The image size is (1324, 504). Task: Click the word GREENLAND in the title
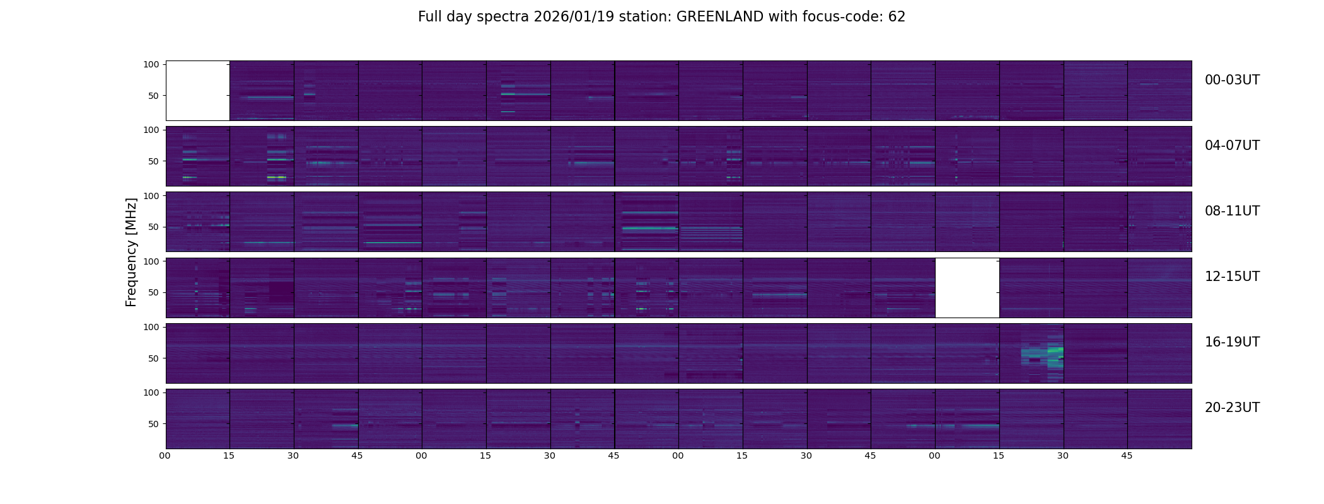click(x=720, y=17)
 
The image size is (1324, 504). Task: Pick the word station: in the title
click(x=649, y=17)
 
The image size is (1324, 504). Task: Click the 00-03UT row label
click(x=1232, y=80)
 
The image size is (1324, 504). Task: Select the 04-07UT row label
click(x=1232, y=146)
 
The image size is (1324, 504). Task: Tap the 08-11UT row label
click(x=1232, y=211)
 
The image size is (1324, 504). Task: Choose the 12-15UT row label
click(x=1232, y=277)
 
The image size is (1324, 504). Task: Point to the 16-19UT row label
click(x=1232, y=342)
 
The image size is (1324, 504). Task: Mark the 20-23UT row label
click(x=1232, y=408)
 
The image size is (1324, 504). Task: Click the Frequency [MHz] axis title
click(x=131, y=252)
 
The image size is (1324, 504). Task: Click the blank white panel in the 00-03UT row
click(x=197, y=90)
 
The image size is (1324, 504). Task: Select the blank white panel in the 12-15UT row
click(x=967, y=287)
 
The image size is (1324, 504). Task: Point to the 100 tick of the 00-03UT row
click(x=151, y=64)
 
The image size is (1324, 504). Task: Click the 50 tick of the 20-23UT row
click(x=153, y=424)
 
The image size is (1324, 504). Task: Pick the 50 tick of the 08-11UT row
click(x=153, y=227)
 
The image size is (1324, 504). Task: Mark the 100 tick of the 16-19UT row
click(x=151, y=327)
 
